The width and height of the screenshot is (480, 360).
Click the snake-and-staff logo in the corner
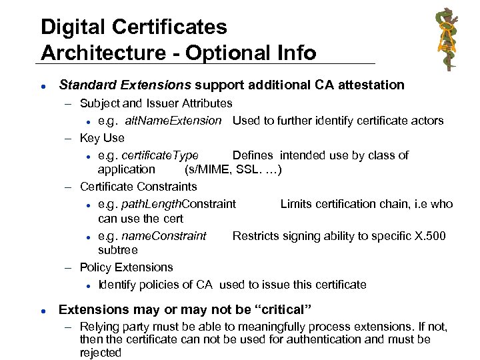point(447,39)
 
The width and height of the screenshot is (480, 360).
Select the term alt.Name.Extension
point(173,121)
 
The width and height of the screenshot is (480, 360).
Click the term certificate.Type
point(161,155)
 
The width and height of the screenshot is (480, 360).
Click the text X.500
point(428,235)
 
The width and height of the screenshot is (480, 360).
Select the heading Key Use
point(102,138)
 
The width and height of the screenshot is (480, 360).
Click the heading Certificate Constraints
point(138,186)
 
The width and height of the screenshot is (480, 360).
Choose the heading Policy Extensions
point(126,267)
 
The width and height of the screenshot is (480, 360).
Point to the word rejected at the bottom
point(101,353)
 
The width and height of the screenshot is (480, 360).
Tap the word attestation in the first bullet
point(371,85)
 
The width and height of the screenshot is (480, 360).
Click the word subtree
point(118,250)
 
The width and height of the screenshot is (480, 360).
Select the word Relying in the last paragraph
point(99,327)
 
